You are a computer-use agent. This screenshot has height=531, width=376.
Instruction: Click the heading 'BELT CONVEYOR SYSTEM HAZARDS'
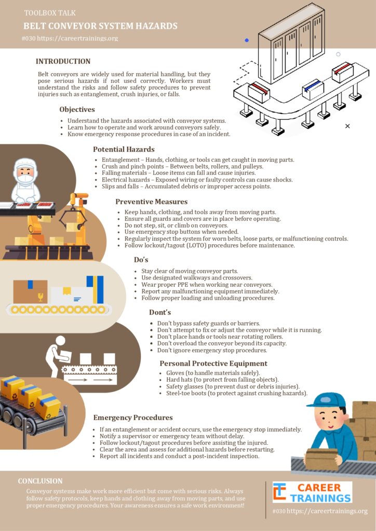click(x=100, y=26)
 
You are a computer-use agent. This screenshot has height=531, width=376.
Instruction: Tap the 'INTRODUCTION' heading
click(x=63, y=61)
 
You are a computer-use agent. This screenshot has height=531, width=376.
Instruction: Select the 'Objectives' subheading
click(x=77, y=109)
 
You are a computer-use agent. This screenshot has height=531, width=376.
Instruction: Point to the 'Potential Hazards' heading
click(x=124, y=149)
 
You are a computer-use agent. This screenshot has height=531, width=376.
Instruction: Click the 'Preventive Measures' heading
click(x=151, y=202)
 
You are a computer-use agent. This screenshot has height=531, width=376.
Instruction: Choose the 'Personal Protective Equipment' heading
click(x=213, y=364)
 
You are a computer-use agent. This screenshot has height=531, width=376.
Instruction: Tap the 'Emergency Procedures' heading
click(x=133, y=417)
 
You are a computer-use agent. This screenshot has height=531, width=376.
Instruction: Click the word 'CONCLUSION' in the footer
click(x=40, y=481)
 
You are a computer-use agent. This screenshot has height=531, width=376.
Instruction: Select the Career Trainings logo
click(x=312, y=493)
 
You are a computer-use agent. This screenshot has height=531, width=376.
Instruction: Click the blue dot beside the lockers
click(x=247, y=40)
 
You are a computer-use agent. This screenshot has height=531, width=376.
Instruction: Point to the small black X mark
click(x=347, y=126)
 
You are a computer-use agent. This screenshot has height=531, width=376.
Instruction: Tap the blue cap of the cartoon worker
click(x=326, y=401)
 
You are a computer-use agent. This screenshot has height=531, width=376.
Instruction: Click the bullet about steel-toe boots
click(x=234, y=393)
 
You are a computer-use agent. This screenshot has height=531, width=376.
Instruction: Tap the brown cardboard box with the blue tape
click(x=30, y=291)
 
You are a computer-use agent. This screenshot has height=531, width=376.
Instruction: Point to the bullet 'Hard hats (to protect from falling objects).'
click(x=220, y=380)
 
